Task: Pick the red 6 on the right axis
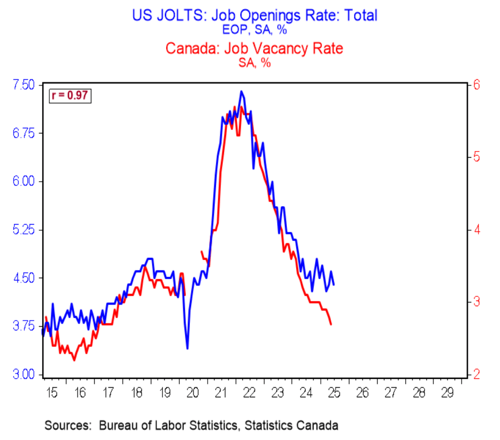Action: coord(473,85)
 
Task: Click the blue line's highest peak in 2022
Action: coord(241,91)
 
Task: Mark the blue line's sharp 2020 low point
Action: coord(187,348)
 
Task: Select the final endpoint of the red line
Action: coord(331,324)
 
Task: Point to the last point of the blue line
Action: coord(334,285)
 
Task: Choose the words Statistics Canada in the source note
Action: coord(292,425)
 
